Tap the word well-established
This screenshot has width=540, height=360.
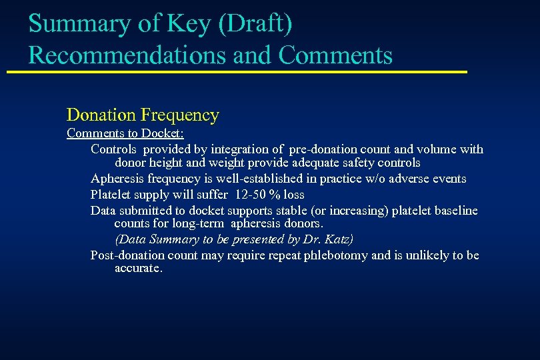coord(258,179)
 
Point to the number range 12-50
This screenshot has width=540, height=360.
coord(249,195)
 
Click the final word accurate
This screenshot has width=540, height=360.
coord(138,268)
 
